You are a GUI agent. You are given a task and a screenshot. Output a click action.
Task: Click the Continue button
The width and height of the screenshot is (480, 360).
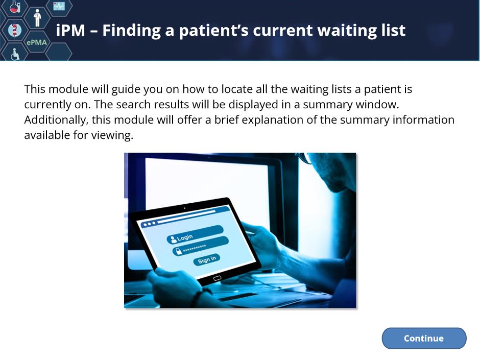[x=424, y=338]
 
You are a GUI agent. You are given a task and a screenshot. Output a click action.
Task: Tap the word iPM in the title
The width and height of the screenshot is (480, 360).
[x=70, y=30]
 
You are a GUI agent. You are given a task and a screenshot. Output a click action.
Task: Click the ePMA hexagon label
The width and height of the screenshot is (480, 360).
[x=37, y=42]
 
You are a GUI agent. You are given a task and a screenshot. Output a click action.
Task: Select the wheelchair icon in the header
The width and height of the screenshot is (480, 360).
[x=15, y=54]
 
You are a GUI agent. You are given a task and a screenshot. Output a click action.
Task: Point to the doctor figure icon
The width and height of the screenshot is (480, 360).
[x=37, y=18]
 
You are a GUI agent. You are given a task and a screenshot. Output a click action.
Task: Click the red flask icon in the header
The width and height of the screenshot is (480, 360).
[x=14, y=7]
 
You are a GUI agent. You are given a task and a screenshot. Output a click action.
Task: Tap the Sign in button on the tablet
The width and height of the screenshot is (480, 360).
[x=207, y=260]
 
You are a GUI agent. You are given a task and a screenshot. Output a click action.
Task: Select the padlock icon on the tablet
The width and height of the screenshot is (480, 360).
[x=178, y=252]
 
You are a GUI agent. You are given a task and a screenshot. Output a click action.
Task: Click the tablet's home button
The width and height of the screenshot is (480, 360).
[x=217, y=278]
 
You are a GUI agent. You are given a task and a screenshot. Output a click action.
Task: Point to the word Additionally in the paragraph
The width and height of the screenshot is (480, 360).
[x=56, y=119]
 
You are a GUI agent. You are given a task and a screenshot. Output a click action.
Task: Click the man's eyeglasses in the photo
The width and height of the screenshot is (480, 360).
[x=304, y=157]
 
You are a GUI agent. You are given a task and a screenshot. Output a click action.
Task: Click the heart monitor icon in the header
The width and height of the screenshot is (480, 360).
[x=59, y=6]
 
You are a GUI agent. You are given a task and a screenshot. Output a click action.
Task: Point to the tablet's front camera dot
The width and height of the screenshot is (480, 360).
[x=184, y=208]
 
